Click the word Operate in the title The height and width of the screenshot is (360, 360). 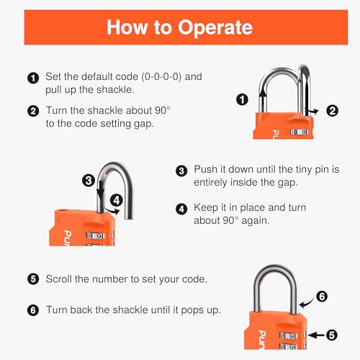(x=212, y=28)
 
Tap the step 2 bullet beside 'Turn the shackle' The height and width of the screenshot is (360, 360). (x=32, y=112)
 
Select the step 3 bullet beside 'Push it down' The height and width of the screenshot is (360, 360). (x=181, y=171)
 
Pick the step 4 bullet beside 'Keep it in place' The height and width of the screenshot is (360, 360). (x=181, y=208)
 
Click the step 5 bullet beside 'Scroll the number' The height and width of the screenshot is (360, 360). (x=32, y=279)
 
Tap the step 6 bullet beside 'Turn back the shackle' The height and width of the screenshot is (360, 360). (x=32, y=310)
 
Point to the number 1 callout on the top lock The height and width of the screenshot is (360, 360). (x=243, y=100)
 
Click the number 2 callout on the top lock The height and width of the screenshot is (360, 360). (x=332, y=110)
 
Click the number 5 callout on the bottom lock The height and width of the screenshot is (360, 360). (x=332, y=334)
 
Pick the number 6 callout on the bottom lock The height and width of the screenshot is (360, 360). (x=321, y=295)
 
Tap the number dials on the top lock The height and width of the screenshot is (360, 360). (x=299, y=132)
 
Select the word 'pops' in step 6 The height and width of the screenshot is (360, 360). (x=195, y=310)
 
